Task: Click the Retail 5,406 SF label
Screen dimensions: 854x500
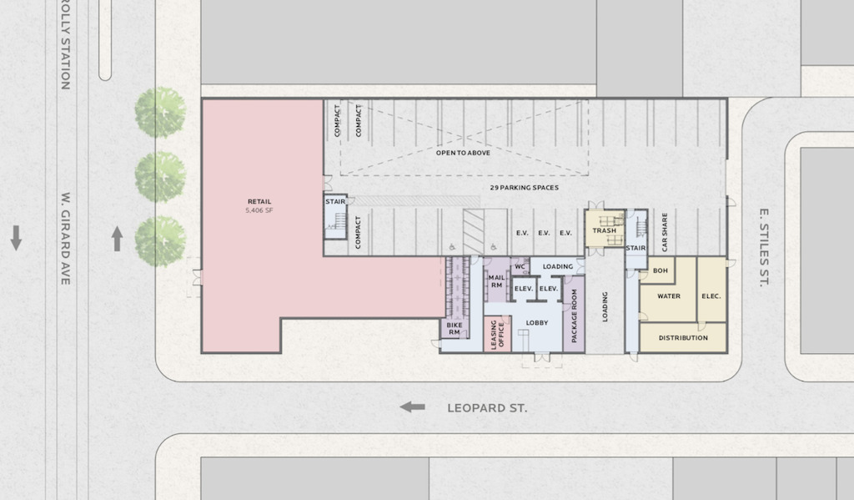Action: (259, 205)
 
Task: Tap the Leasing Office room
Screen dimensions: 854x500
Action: (498, 334)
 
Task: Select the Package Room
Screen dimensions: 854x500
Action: (574, 314)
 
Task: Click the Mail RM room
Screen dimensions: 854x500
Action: (496, 280)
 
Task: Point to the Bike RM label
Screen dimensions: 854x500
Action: (455, 328)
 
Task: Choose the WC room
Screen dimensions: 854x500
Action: (520, 266)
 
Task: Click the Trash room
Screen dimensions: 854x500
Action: (605, 228)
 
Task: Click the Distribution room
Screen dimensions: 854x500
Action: (683, 337)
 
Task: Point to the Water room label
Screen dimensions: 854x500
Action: (669, 296)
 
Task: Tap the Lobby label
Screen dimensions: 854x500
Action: (537, 323)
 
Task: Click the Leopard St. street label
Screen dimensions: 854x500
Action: (487, 408)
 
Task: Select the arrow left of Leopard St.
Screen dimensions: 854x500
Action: (412, 407)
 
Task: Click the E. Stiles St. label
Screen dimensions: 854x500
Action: (764, 248)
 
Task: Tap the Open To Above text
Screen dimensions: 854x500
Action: (463, 153)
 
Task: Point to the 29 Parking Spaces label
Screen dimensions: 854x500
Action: (524, 188)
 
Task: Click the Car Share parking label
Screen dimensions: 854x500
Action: (665, 232)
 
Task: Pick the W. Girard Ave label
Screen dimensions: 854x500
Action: (66, 238)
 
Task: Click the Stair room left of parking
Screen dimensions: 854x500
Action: (335, 216)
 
